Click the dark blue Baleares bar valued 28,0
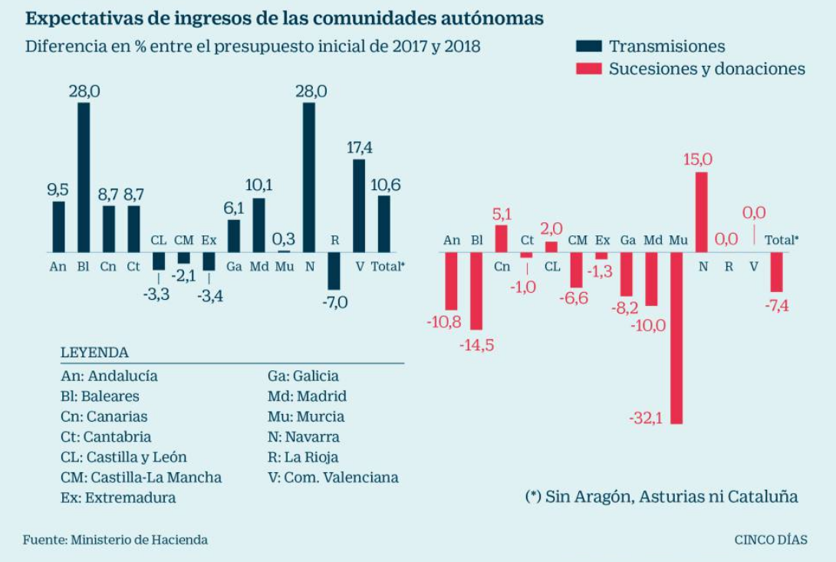84,177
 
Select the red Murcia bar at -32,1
676,337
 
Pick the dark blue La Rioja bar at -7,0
334,271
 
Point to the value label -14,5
476,345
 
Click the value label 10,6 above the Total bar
384,185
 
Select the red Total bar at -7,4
777,271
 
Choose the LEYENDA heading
94,353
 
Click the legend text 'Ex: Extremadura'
118,498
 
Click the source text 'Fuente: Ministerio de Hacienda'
115,540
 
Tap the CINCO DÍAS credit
770,540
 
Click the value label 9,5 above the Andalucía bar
58,189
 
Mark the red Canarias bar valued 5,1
501,238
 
